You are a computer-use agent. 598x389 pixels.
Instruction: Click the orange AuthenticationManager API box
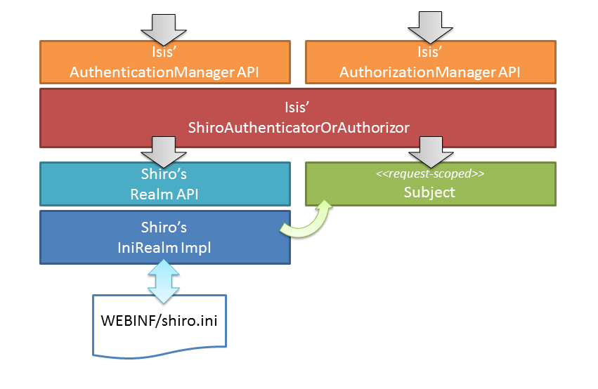click(x=164, y=62)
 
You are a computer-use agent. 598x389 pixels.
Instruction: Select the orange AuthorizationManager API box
click(x=430, y=62)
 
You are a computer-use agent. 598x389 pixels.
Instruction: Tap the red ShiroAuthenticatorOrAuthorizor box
click(x=298, y=117)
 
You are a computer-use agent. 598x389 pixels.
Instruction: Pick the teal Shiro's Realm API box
click(x=164, y=184)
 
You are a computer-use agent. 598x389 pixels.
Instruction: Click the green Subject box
click(x=430, y=184)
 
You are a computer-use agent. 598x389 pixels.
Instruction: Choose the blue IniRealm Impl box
click(x=164, y=238)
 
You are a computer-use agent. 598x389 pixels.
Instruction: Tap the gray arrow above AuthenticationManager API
click(x=164, y=27)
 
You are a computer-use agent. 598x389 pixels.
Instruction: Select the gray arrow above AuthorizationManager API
click(x=430, y=27)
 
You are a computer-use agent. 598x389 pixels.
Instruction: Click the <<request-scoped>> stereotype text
click(x=430, y=173)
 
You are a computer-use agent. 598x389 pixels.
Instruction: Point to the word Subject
click(x=430, y=192)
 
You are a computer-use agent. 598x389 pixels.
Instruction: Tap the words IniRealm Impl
click(x=164, y=246)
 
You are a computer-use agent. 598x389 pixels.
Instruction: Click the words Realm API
click(x=164, y=194)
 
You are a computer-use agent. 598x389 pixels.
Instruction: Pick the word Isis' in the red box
click(x=298, y=107)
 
